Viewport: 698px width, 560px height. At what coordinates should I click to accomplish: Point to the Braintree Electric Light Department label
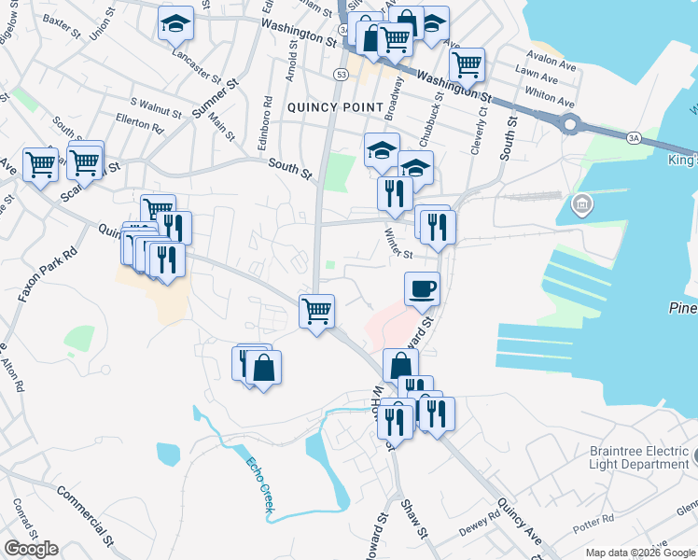point(638,457)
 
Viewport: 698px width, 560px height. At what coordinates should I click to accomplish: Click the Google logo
point(31,549)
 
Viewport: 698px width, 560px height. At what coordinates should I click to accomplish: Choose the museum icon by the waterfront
point(581,203)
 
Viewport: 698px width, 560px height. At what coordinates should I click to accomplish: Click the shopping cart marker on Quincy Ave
point(317,310)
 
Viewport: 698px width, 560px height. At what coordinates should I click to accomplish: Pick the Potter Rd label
point(594,517)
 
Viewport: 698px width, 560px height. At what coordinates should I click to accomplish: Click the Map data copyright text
point(639,553)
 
